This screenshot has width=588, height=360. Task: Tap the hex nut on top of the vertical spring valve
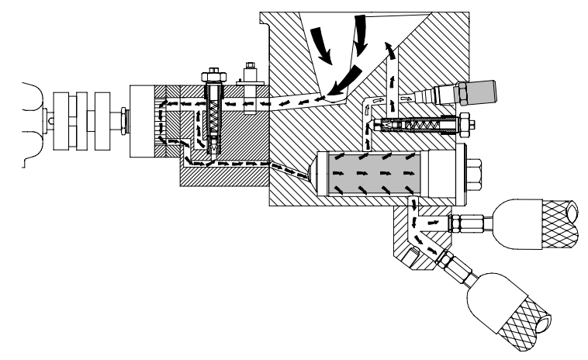[x=213, y=77]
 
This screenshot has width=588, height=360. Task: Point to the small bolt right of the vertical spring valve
[x=251, y=78]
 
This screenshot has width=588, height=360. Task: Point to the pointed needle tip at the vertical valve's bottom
[x=213, y=147]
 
